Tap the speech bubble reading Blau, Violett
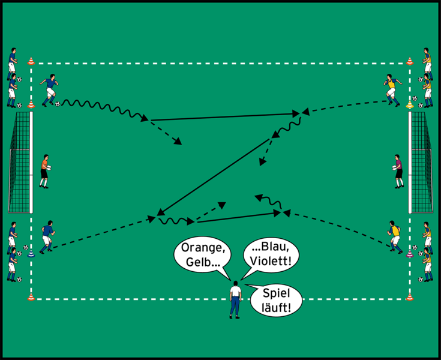(x=272, y=256)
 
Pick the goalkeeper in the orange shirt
(x=44, y=172)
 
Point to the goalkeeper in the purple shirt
(x=397, y=171)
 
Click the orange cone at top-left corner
(x=31, y=61)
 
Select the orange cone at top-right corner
(x=410, y=61)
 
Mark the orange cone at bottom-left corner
(x=31, y=296)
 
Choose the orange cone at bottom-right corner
(x=410, y=296)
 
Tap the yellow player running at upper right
(x=392, y=89)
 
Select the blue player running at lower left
(x=46, y=238)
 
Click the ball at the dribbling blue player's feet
(x=58, y=104)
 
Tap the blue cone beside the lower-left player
(x=31, y=253)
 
